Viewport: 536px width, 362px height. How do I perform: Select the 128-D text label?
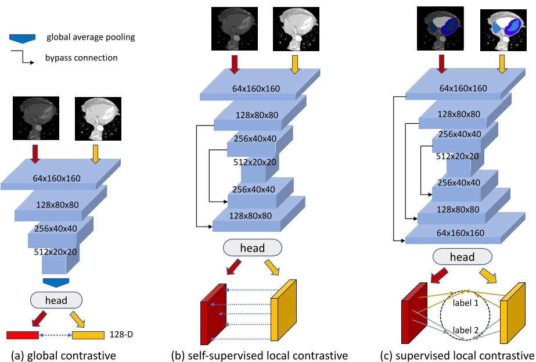tap(119, 335)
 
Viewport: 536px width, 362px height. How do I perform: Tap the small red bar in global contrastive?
tap(23, 335)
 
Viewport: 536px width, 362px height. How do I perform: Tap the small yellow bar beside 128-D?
tap(88, 335)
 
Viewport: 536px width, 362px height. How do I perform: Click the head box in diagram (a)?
tap(56, 300)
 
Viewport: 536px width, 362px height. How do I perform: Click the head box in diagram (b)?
tap(253, 248)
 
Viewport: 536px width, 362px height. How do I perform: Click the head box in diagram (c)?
tap(462, 257)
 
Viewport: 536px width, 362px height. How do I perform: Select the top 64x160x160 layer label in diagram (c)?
tap(462, 88)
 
